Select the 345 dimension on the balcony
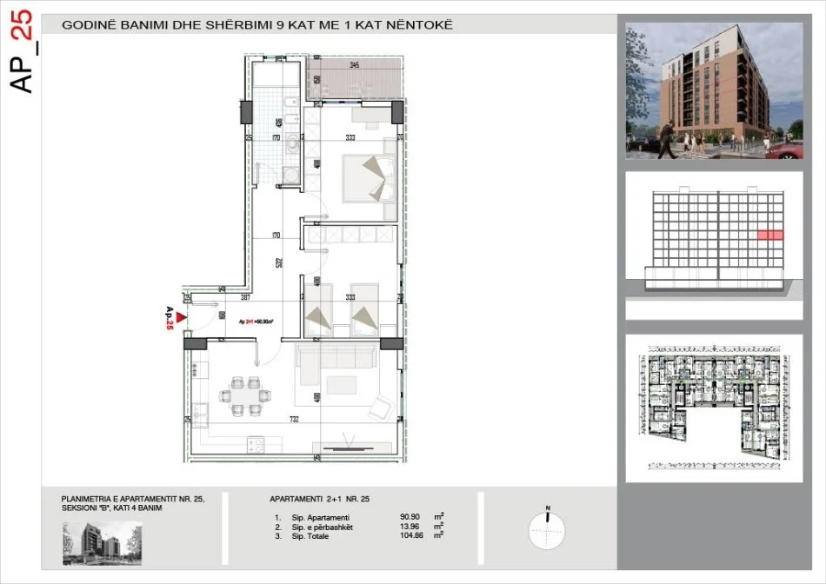[x=355, y=65]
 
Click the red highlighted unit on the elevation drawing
[x=769, y=234]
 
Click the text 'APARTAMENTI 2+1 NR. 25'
[x=320, y=500]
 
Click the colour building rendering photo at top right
[x=714, y=90]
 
